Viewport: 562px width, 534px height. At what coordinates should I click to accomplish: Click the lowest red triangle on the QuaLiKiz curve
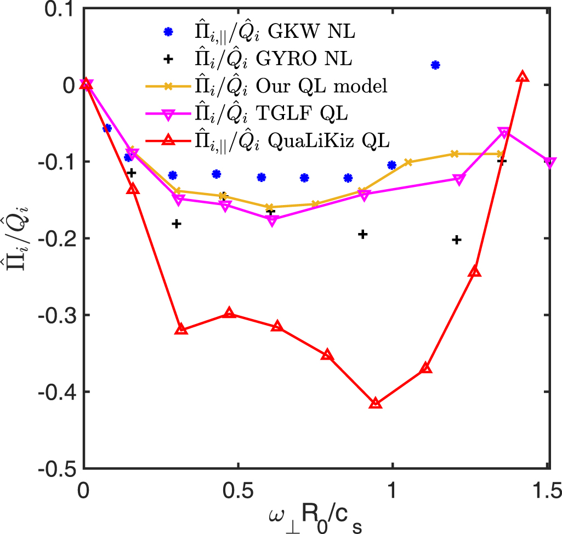pos(375,403)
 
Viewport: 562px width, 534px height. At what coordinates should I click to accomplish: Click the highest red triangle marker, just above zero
pos(523,77)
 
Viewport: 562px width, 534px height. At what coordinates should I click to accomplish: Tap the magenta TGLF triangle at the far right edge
pos(550,162)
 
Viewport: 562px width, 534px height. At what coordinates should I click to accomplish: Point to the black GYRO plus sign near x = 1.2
pos(457,240)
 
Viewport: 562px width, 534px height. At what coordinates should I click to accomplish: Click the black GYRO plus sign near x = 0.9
pos(362,234)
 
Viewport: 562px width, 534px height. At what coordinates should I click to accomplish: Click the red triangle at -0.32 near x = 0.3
pos(181,330)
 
